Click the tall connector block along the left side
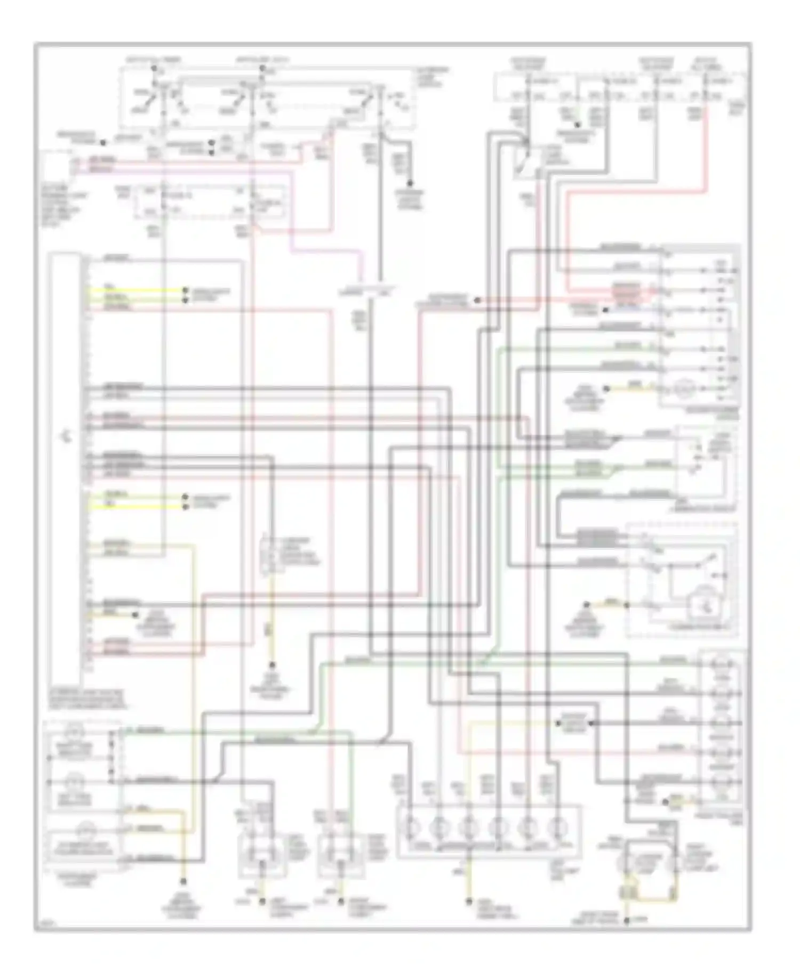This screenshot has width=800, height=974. coord(67,469)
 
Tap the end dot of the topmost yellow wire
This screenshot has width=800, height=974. coord(185,290)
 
